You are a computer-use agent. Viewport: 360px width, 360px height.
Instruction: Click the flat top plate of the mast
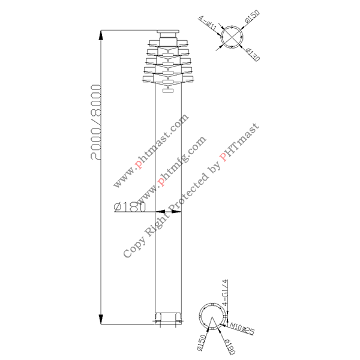pos(168,32)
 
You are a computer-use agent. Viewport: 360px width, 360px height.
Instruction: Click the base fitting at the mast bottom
pos(168,317)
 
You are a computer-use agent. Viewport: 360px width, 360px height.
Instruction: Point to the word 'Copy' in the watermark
pos(132,248)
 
